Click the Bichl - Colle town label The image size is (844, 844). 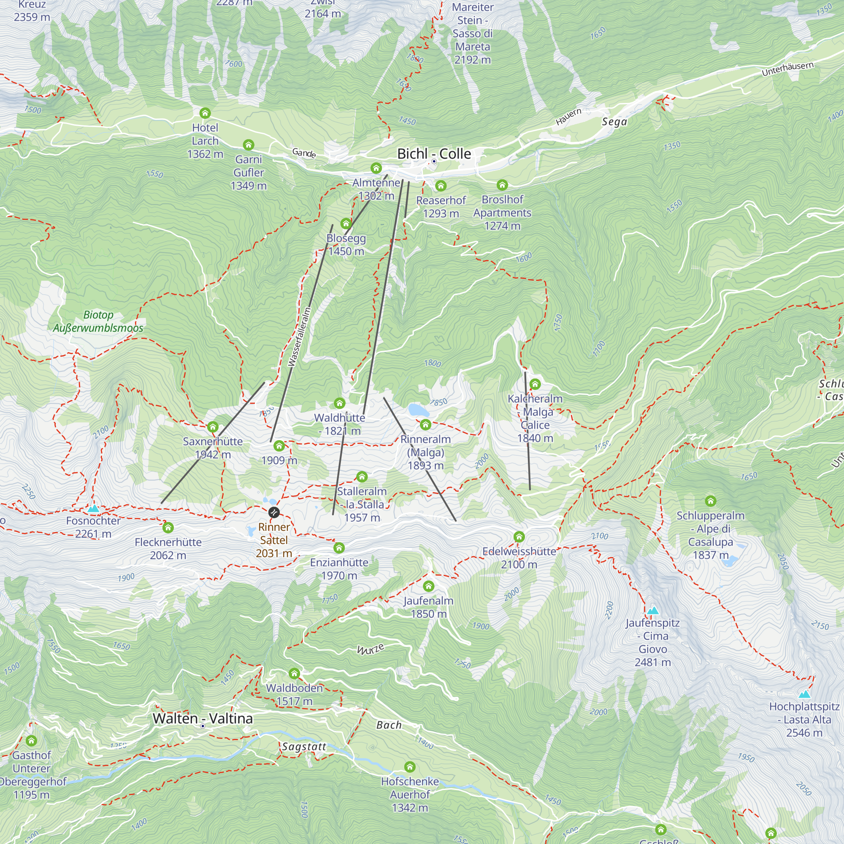tap(433, 154)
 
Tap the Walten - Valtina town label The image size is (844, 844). tap(203, 719)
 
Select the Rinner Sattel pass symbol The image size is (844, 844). tap(274, 512)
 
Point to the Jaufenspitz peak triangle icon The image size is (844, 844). tap(653, 610)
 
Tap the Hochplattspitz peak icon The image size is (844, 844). tap(804, 694)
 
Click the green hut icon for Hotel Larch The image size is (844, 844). tap(205, 113)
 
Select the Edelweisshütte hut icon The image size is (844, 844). tap(519, 536)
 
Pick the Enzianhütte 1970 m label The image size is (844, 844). tap(339, 569)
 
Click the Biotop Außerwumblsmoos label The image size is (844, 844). tap(98, 321)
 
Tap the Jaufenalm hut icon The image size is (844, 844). tap(429, 586)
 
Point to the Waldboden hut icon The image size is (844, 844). tap(295, 673)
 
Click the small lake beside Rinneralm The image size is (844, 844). tap(418, 410)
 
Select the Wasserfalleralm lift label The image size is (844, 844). tap(300, 337)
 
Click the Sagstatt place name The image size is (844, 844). tap(304, 747)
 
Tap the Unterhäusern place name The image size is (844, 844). tap(787, 69)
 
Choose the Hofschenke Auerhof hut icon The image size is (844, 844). tap(410, 767)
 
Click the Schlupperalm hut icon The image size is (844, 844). tap(710, 500)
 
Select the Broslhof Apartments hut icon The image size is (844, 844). tap(502, 185)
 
